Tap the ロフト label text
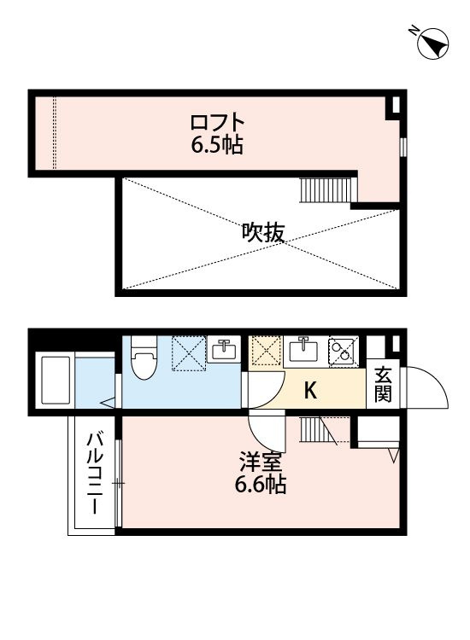click(217, 122)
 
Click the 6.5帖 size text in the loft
click(217, 144)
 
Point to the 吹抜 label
click(262, 233)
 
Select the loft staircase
click(325, 189)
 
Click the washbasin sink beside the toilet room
click(223, 349)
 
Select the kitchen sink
click(303, 350)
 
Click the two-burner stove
click(344, 350)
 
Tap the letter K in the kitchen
click(310, 391)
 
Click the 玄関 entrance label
click(383, 385)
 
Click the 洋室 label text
click(260, 463)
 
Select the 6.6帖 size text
click(260, 485)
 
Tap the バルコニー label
click(94, 474)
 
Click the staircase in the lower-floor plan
click(318, 430)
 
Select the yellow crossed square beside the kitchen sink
click(265, 351)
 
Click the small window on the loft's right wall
click(403, 147)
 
